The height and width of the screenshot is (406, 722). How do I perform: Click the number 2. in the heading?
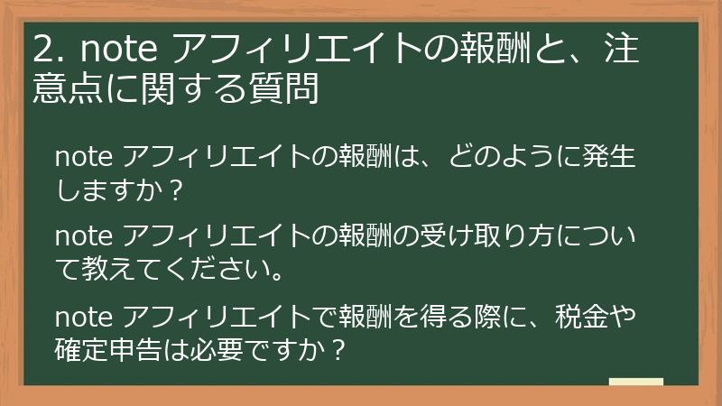click(x=47, y=51)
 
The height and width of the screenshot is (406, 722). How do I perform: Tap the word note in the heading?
click(x=121, y=51)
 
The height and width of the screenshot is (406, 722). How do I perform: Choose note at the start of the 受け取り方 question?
click(x=84, y=236)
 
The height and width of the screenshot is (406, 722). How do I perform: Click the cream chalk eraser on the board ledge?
click(x=635, y=382)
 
